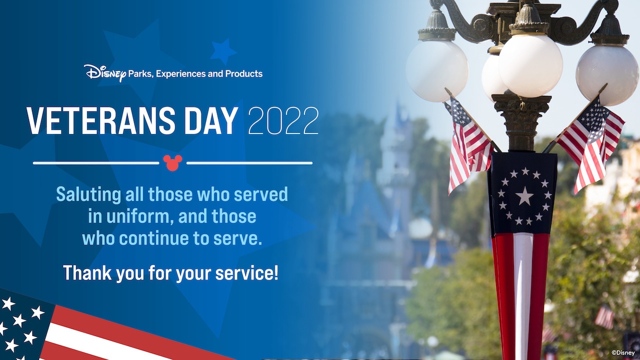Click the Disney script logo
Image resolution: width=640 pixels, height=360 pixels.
click(x=104, y=73)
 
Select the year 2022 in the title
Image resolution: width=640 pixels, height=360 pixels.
click(x=283, y=120)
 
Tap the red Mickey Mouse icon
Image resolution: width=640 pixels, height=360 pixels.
click(x=172, y=162)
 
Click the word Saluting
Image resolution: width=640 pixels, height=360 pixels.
click(x=85, y=194)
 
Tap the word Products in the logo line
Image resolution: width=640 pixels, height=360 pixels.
click(x=243, y=73)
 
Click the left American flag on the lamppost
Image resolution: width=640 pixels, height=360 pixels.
click(x=467, y=142)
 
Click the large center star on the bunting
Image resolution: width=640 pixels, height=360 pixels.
click(x=524, y=196)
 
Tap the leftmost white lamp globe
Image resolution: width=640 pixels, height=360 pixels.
click(x=436, y=70)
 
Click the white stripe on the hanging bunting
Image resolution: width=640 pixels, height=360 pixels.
click(x=523, y=290)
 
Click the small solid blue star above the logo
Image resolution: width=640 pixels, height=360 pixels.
click(x=223, y=51)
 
